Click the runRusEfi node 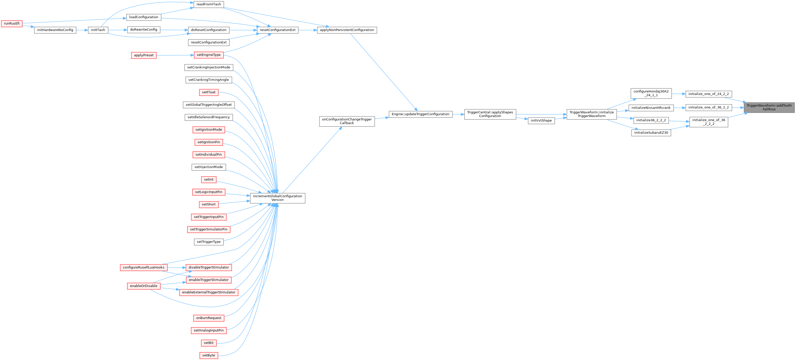12,24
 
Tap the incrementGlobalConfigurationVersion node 277,198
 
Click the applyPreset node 144,55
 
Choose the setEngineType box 209,55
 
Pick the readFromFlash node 209,4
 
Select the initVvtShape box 541,121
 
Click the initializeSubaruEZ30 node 651,133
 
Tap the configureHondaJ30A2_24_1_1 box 651,93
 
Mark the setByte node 209,355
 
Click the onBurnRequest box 209,318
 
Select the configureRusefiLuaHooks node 144,268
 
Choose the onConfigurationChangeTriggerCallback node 347,121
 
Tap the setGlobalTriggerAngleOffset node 209,105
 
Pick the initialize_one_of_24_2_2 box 708,94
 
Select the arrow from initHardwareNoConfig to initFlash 82,30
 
